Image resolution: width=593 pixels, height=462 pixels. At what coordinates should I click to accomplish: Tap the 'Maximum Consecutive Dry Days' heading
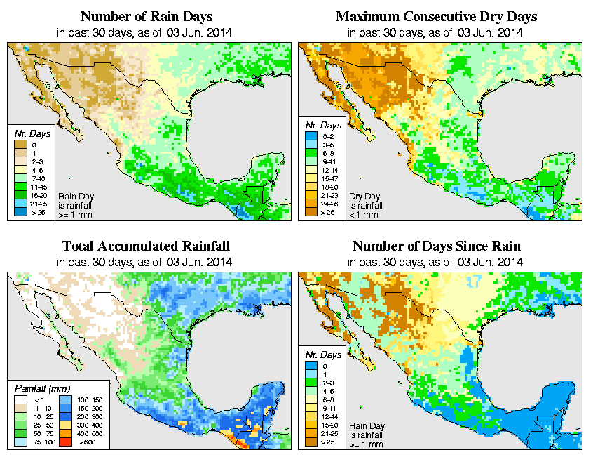point(437,16)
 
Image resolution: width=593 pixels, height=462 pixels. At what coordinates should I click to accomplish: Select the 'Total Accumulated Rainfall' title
point(146,246)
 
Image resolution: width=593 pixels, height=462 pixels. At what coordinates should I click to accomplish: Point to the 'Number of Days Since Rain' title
point(436,246)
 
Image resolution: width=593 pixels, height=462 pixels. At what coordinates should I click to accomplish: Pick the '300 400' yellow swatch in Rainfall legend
point(63,425)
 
